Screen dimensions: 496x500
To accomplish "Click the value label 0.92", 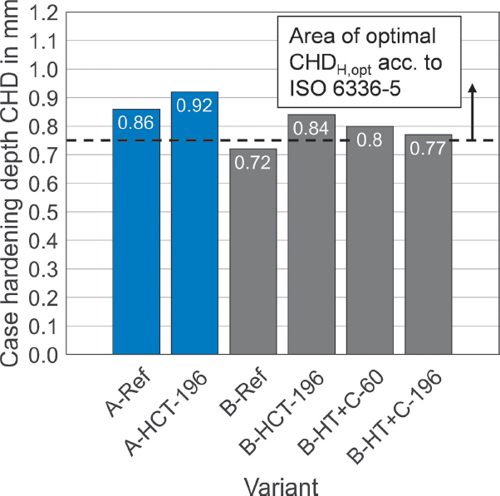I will [194, 105].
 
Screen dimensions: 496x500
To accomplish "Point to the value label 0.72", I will [252, 162].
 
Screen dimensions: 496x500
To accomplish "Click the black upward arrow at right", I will [472, 111].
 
